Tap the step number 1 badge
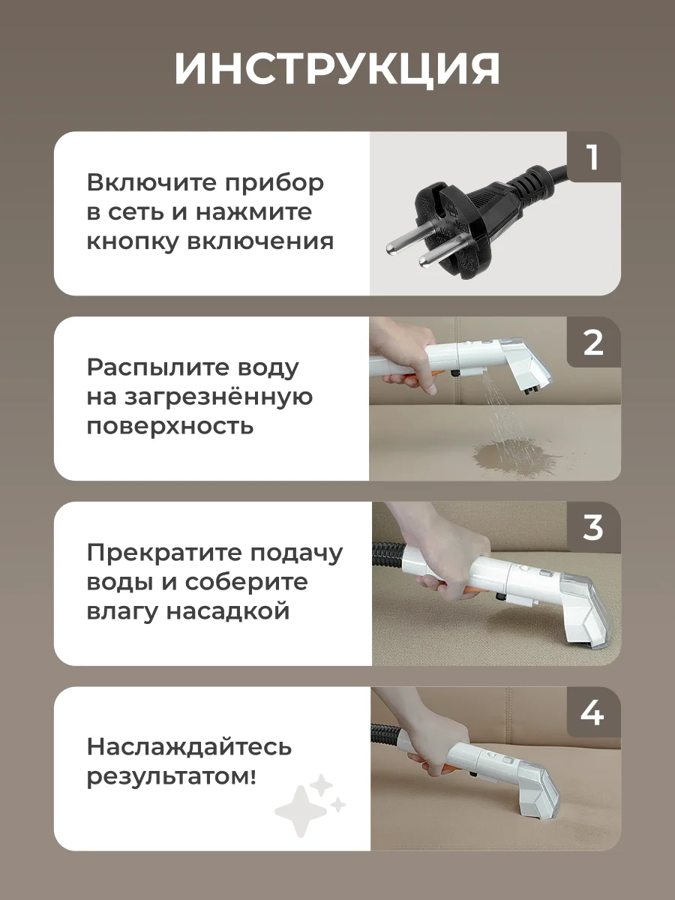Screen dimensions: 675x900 click(x=593, y=157)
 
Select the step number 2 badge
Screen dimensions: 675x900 click(x=593, y=342)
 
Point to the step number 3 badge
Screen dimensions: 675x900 click(x=593, y=527)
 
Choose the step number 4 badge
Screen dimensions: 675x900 click(x=593, y=712)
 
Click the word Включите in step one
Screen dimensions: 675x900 click(x=152, y=182)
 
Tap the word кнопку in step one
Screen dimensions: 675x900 click(x=133, y=241)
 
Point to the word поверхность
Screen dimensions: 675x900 click(x=170, y=427)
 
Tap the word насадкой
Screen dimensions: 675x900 click(x=228, y=612)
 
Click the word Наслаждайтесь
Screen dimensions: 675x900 click(x=189, y=747)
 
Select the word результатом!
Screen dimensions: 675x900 click(x=172, y=776)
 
